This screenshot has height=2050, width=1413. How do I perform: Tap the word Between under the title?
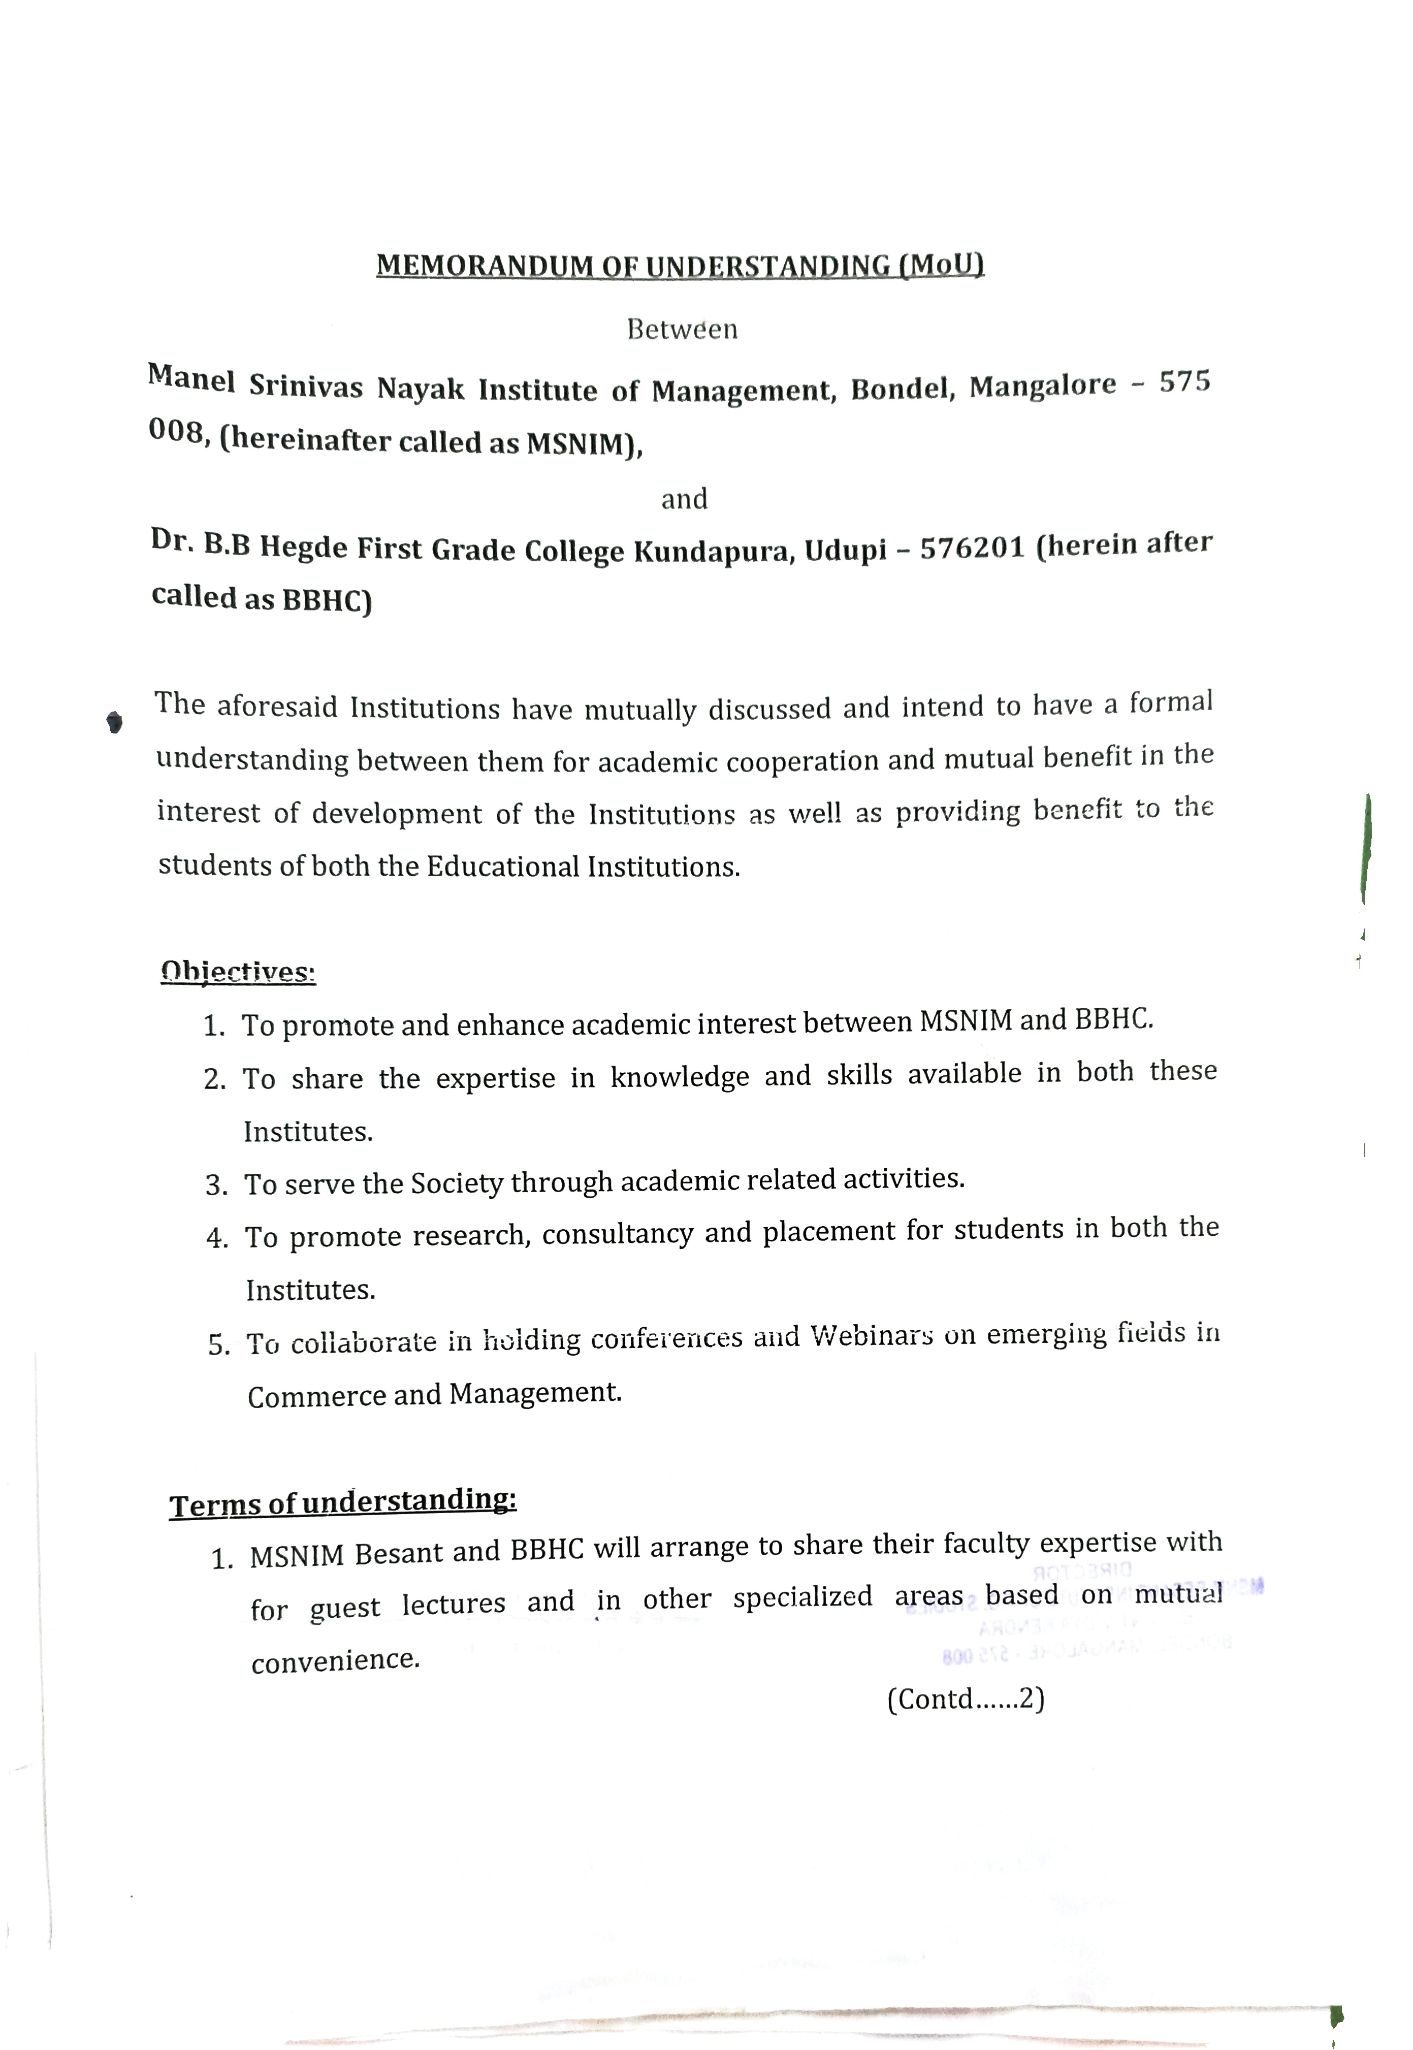pos(682,329)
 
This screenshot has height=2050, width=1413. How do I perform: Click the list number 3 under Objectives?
pos(215,1185)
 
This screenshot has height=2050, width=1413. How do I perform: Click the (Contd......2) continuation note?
pos(965,1699)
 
